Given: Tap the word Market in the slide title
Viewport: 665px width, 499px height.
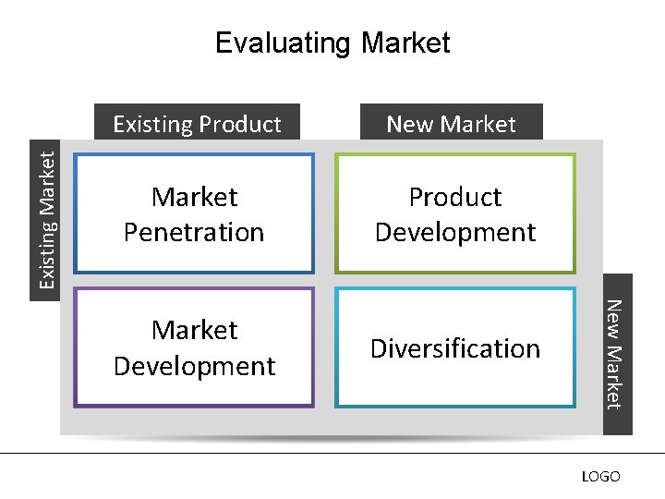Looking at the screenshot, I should [x=406, y=43].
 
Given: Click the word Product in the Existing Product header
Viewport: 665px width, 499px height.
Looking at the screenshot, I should [x=239, y=124].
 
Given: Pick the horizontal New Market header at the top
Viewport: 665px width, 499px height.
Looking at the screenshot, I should [x=451, y=124].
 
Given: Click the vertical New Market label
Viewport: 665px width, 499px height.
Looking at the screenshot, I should [x=617, y=355].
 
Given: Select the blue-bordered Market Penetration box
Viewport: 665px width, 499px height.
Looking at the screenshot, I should [x=194, y=213].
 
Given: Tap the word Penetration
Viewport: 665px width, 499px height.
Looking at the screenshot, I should [x=194, y=232].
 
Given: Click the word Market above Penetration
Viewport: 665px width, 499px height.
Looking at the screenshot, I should [x=194, y=197].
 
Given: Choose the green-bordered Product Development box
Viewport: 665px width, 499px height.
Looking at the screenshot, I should [x=454, y=213].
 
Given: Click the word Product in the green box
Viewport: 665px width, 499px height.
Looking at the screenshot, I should [x=454, y=197].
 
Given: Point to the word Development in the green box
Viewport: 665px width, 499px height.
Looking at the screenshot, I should [x=454, y=232].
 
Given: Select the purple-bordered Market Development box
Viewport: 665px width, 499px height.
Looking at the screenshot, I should [x=194, y=347].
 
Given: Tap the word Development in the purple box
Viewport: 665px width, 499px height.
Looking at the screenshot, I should [x=194, y=366].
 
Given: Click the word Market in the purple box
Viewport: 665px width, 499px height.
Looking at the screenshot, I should [x=194, y=330].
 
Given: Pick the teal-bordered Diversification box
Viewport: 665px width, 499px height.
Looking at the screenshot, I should [x=454, y=347].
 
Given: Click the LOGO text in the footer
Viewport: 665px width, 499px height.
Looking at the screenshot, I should [x=600, y=477].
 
